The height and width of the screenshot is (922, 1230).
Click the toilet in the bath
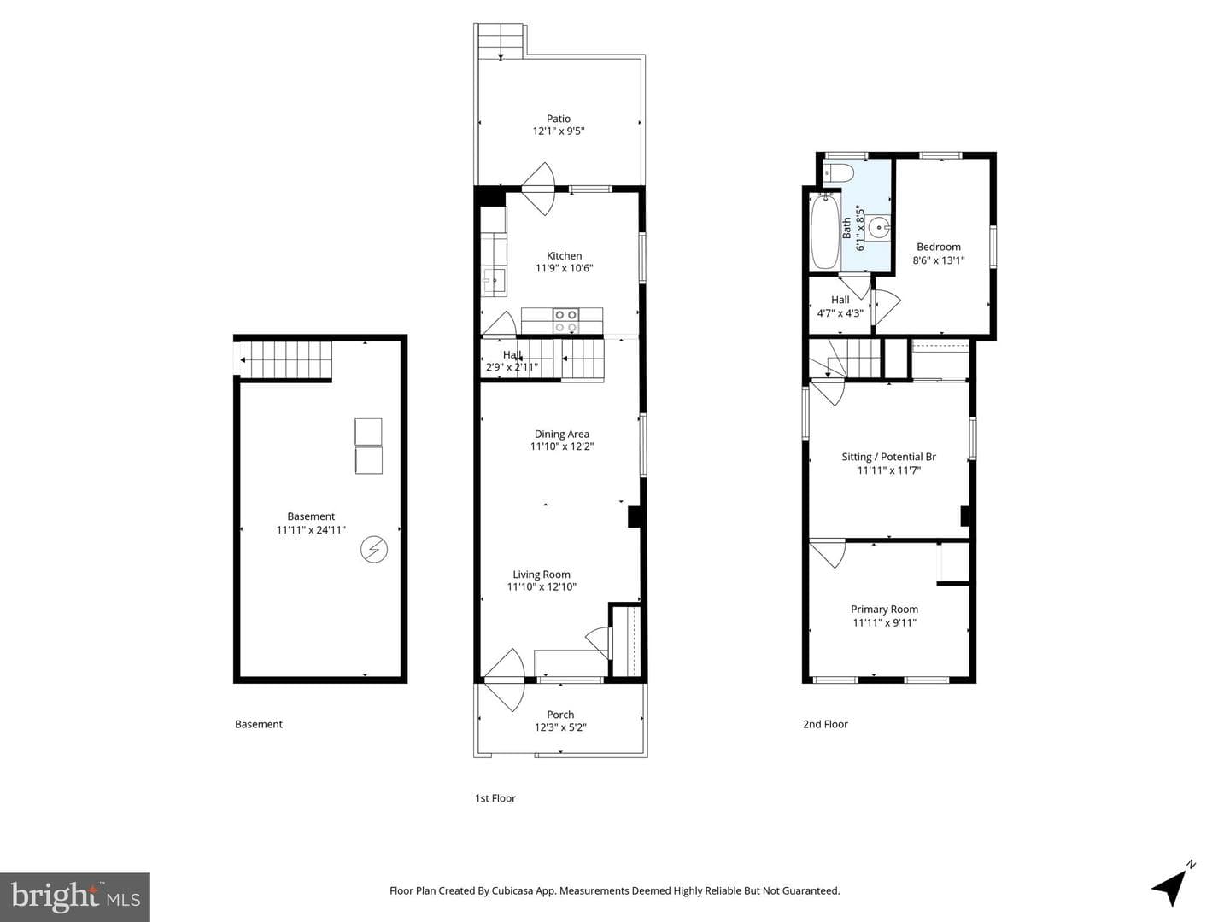(838, 173)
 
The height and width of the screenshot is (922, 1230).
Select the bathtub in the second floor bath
(825, 231)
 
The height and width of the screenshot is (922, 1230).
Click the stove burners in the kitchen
(565, 321)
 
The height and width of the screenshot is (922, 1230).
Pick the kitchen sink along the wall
(495, 279)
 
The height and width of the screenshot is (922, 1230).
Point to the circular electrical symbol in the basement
(374, 549)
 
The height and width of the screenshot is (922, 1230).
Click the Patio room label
(558, 119)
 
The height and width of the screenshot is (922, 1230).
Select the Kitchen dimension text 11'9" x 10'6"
(564, 268)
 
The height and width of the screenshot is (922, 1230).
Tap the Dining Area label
(561, 434)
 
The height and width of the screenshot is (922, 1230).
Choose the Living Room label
(542, 575)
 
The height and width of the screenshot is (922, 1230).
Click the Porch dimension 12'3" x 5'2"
(560, 727)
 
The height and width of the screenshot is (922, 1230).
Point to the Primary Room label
(884, 609)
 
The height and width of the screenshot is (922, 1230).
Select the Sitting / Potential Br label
(888, 457)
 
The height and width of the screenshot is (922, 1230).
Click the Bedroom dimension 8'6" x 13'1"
(939, 260)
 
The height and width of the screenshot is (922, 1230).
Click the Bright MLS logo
(75, 896)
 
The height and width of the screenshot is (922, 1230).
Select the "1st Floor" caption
(495, 798)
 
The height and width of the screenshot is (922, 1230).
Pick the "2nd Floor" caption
(825, 725)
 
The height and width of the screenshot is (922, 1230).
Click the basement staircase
(286, 360)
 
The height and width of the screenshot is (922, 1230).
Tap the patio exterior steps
(501, 41)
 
